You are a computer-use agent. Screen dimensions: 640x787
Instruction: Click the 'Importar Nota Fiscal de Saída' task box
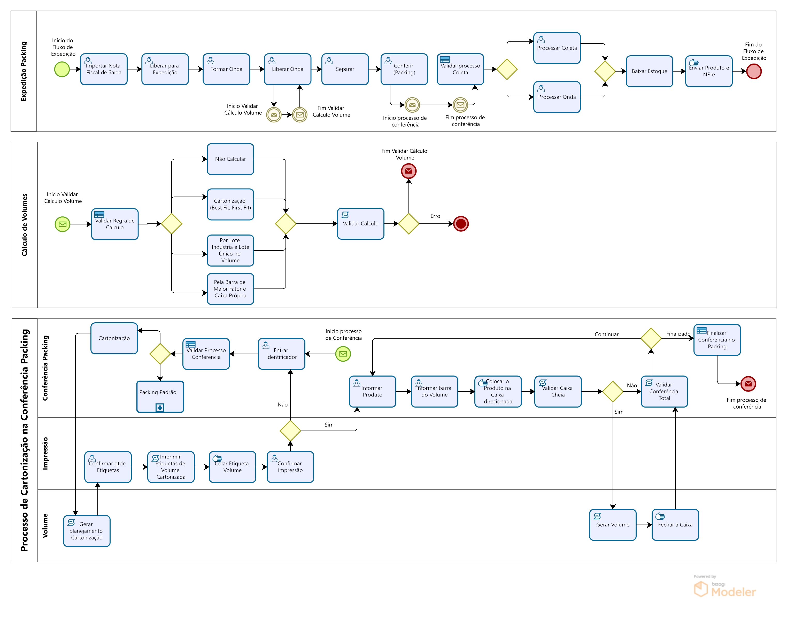[104, 69]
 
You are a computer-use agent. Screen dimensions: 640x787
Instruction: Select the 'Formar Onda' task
[226, 69]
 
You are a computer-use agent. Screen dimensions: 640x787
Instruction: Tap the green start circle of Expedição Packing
[62, 69]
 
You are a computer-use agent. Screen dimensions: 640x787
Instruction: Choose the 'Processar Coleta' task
[557, 48]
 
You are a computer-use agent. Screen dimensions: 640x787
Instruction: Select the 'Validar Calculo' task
[360, 224]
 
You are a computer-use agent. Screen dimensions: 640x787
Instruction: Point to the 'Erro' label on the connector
[435, 216]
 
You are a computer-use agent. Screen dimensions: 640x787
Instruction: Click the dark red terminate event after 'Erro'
[461, 224]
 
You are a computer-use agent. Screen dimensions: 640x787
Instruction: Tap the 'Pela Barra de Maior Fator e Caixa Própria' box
[230, 289]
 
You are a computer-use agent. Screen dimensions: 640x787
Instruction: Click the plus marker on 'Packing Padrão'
[160, 408]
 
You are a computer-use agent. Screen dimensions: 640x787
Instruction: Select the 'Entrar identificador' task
[281, 354]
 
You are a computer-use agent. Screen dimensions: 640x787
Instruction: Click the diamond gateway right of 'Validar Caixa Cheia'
[613, 392]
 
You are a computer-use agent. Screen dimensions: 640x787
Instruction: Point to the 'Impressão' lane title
[45, 454]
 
